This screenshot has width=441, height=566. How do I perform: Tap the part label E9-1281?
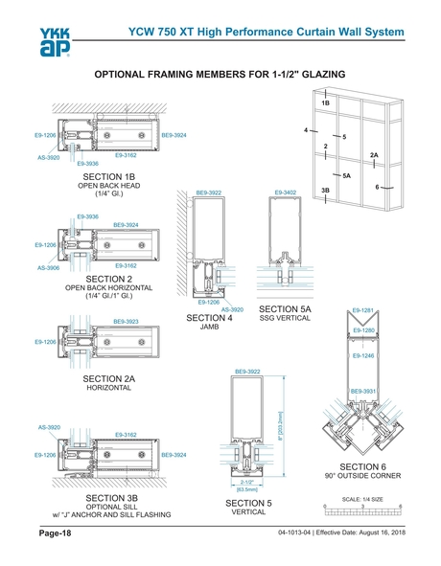362,310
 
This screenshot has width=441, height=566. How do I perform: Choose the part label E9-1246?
362,355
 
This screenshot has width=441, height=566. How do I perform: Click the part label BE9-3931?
363,391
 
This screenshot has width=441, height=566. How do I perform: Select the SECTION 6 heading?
369,465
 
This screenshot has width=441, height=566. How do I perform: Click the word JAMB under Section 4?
210,328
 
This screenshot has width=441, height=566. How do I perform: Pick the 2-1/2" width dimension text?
246,481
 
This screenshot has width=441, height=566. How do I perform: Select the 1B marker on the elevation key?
326,102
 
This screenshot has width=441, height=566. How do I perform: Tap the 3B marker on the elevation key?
326,191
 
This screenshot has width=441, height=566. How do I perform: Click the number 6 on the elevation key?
378,187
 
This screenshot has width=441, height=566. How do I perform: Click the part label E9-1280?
362,329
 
